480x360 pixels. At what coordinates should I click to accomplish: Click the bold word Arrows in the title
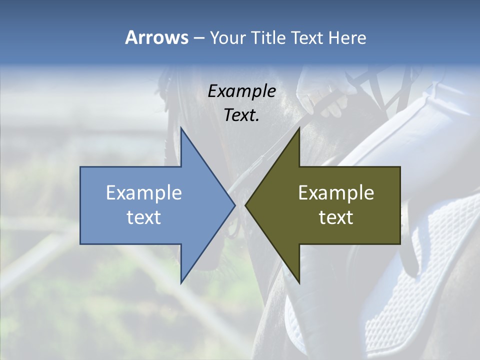coord(156,37)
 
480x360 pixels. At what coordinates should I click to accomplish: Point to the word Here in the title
coord(347,37)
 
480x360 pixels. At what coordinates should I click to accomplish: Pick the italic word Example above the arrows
coord(241,91)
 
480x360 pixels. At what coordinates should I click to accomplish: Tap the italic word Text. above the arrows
coord(241,115)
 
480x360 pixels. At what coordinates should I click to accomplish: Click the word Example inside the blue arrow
coord(143,193)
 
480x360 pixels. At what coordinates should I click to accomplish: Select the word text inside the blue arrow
coord(143,217)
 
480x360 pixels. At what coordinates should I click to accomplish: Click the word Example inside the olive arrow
coord(336,193)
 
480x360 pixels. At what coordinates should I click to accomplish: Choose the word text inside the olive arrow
coord(336,217)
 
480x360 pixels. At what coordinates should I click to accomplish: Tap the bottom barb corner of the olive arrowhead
coord(299,282)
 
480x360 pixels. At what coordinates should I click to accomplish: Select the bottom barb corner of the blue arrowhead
coord(181,282)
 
